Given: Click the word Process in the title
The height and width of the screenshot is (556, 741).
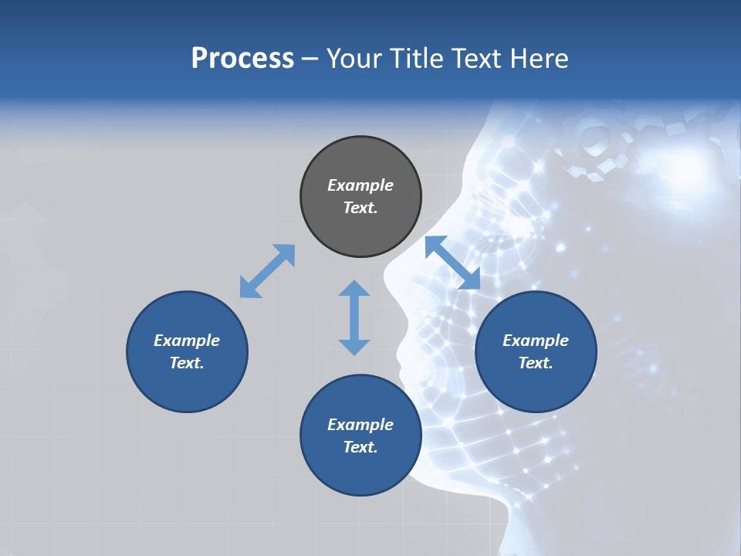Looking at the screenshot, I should click(242, 59).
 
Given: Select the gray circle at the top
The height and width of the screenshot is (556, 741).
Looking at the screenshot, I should click(360, 197).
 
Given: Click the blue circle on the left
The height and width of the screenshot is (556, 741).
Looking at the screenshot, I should click(187, 351).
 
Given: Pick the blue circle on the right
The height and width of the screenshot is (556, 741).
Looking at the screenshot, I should click(536, 351).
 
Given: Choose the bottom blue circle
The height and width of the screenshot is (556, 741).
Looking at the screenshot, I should click(360, 436).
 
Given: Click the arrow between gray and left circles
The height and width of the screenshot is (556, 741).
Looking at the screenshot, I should click(267, 271).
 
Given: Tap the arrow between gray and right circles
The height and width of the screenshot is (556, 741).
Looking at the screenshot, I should click(452, 263).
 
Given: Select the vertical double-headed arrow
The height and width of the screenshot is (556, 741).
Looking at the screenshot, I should click(354, 317).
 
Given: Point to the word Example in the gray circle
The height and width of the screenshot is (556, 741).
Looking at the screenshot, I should click(360, 185).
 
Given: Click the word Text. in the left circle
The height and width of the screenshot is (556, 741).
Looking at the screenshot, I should click(187, 363).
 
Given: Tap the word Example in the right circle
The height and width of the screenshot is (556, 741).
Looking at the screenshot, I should click(536, 341).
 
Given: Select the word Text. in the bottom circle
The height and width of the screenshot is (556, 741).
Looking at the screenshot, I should click(360, 447).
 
